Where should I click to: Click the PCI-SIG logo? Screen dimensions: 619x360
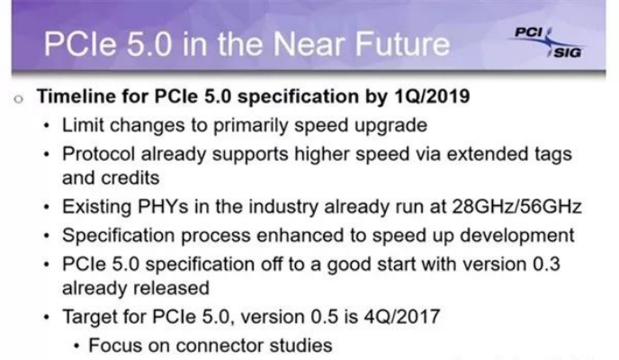pos(549,42)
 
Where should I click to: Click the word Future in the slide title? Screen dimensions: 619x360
pos(402,44)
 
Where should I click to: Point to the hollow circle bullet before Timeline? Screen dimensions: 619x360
pos(18,99)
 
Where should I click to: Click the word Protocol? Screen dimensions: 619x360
pos(98,154)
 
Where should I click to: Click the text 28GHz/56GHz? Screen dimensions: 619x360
pos(516,207)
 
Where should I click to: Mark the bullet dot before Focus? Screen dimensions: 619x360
pos(77,347)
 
